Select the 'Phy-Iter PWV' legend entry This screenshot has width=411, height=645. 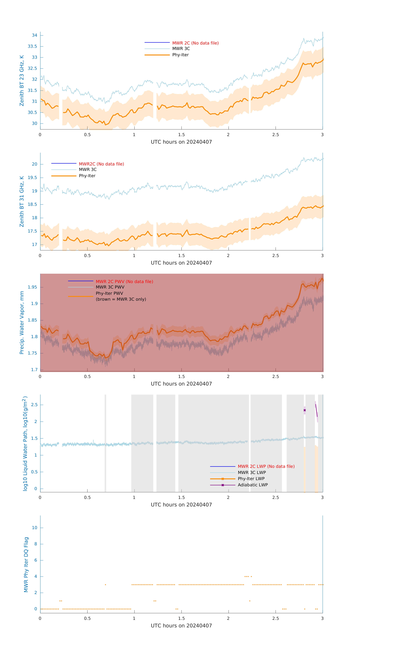pos(109,293)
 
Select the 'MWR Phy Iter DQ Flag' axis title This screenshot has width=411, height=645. pos(26,564)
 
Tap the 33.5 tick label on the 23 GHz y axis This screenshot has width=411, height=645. pos(32,46)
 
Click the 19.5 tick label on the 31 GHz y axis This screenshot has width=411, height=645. pos(32,178)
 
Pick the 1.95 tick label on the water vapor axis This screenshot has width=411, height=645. pos(32,287)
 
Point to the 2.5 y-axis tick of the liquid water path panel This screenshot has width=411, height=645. pos(34,405)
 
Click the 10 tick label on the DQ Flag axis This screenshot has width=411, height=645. pos(34,528)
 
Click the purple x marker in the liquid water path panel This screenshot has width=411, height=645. pos(305,410)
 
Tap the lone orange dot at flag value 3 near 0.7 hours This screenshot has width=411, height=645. pos(106,585)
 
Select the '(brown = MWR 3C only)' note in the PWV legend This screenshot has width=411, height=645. pos(121,299)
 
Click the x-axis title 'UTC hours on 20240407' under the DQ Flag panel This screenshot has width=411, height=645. pos(181,626)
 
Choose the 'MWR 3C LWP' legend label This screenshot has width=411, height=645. pos(252,472)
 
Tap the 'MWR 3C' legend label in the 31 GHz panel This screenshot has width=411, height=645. pos(88,170)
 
